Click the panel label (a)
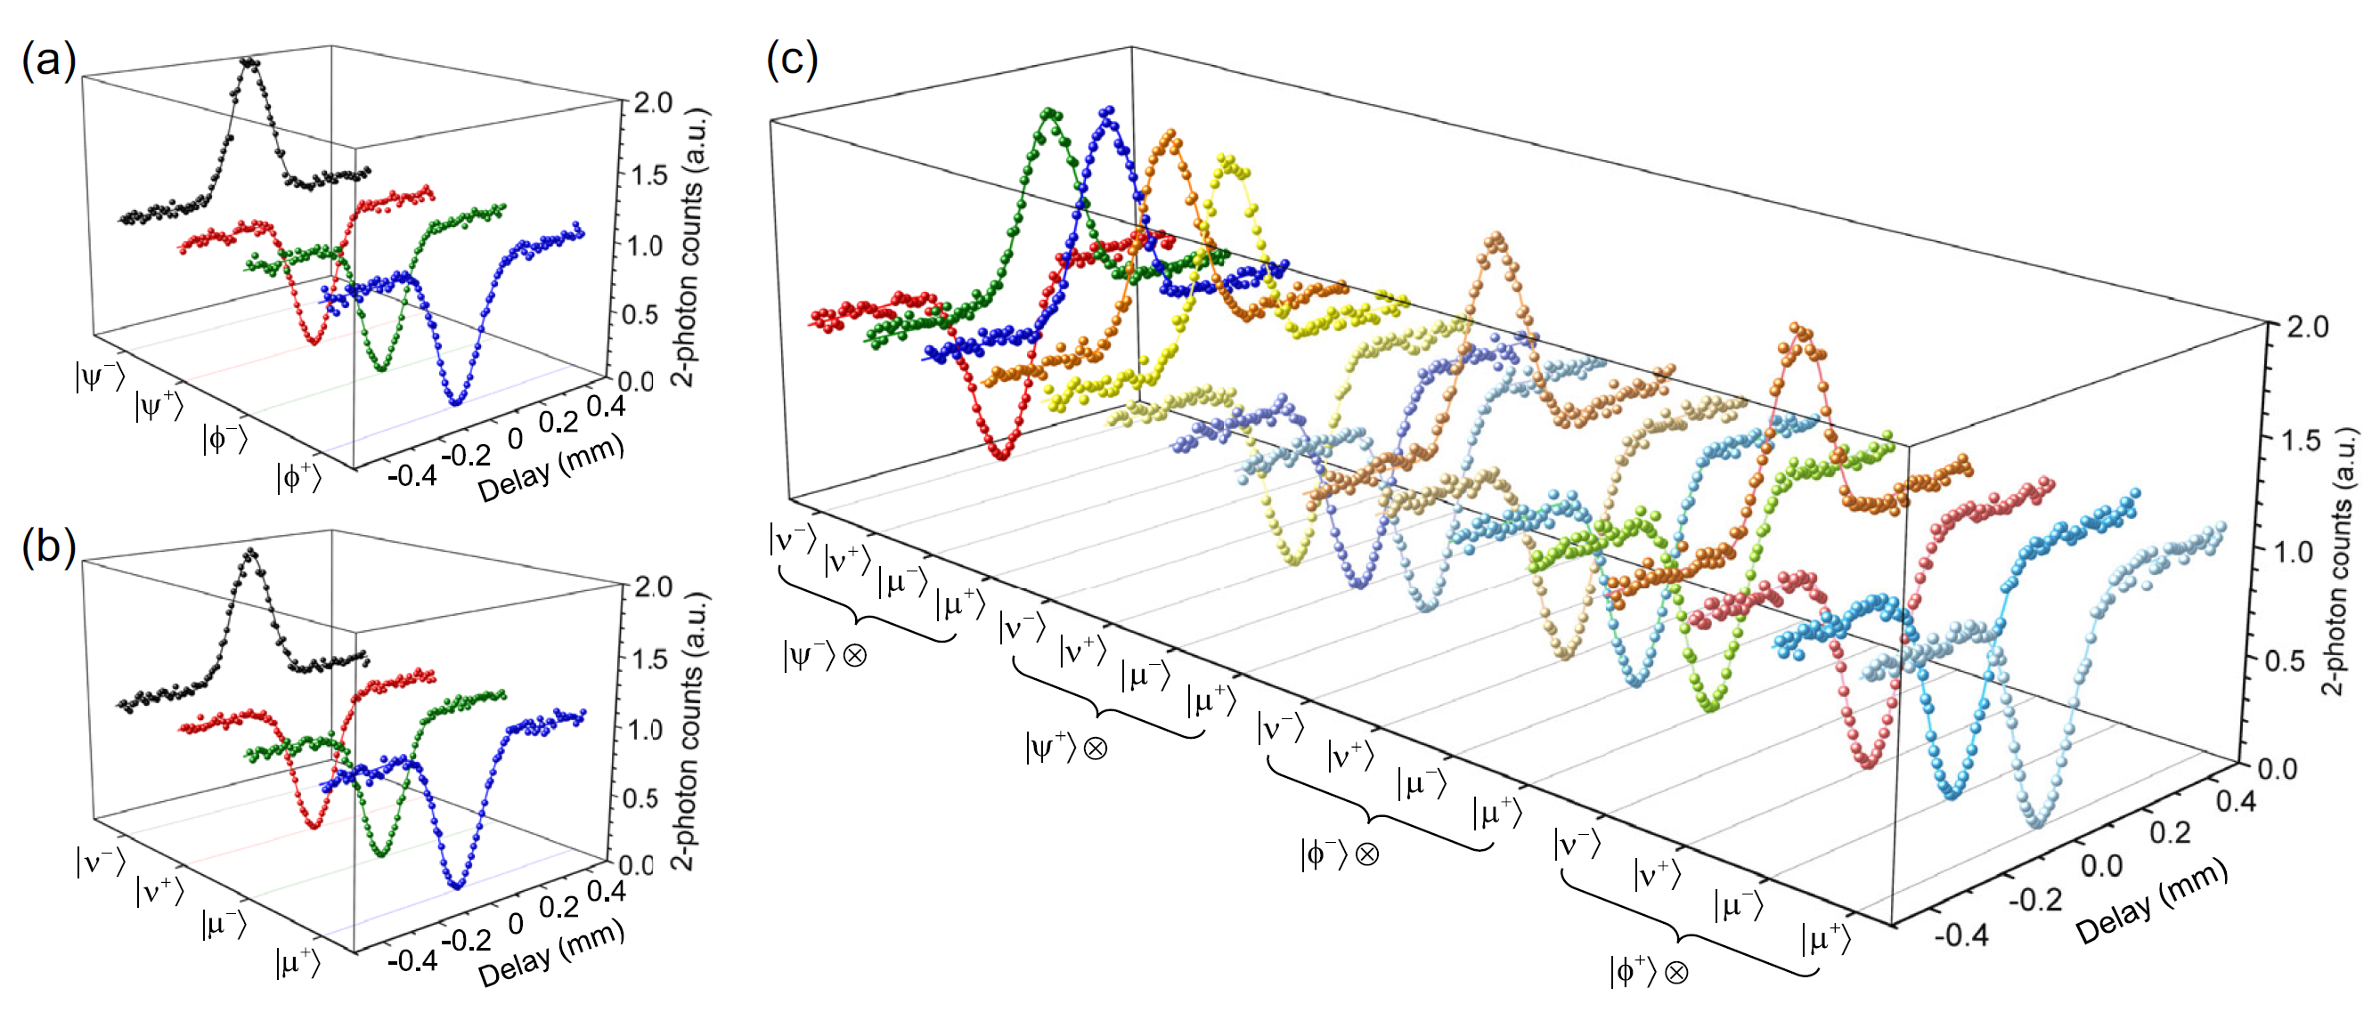click(x=48, y=62)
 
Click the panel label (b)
click(x=48, y=547)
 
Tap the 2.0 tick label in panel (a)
click(x=652, y=103)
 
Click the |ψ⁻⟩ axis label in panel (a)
click(x=100, y=376)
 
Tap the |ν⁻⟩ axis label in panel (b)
click(x=100, y=862)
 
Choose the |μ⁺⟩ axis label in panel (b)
click(x=298, y=963)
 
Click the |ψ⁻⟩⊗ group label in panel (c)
click(x=825, y=655)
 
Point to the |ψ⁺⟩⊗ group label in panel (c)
click(x=1066, y=747)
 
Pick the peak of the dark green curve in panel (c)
click(x=1048, y=114)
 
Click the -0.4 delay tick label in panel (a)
click(x=412, y=476)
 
